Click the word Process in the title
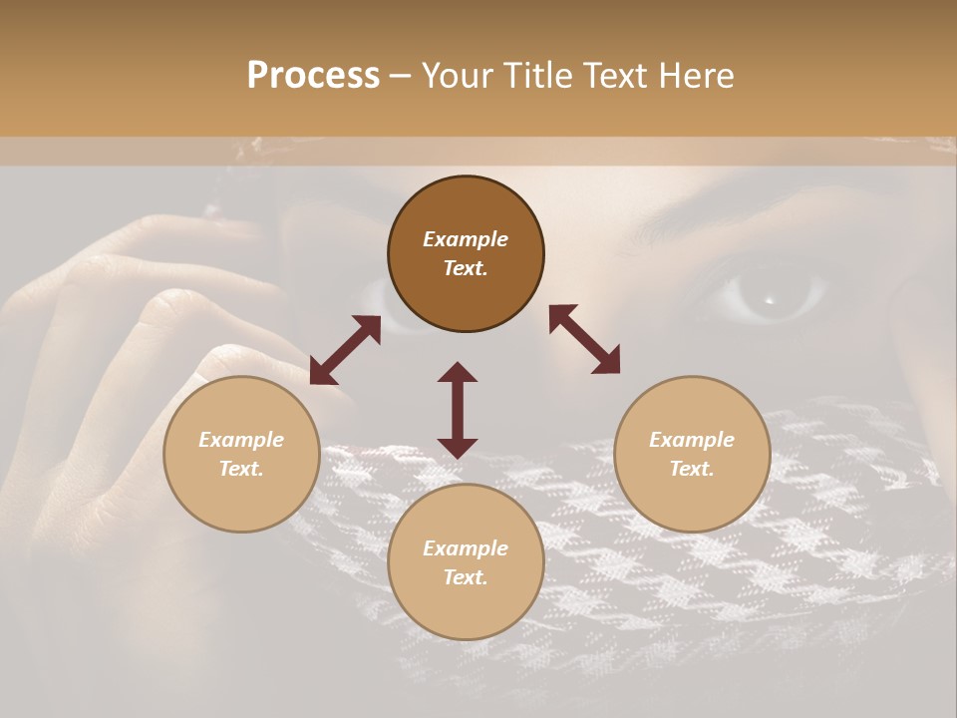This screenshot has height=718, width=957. (313, 76)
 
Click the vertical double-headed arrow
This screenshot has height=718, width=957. (458, 410)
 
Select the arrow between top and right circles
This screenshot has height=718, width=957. (584, 339)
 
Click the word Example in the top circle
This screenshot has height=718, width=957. (466, 239)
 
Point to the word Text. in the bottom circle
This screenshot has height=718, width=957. (466, 577)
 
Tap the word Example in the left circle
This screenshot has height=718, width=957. (241, 440)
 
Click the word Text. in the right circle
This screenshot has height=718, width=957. (692, 469)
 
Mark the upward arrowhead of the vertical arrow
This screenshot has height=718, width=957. (458, 372)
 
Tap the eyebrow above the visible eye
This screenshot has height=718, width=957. (758, 224)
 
